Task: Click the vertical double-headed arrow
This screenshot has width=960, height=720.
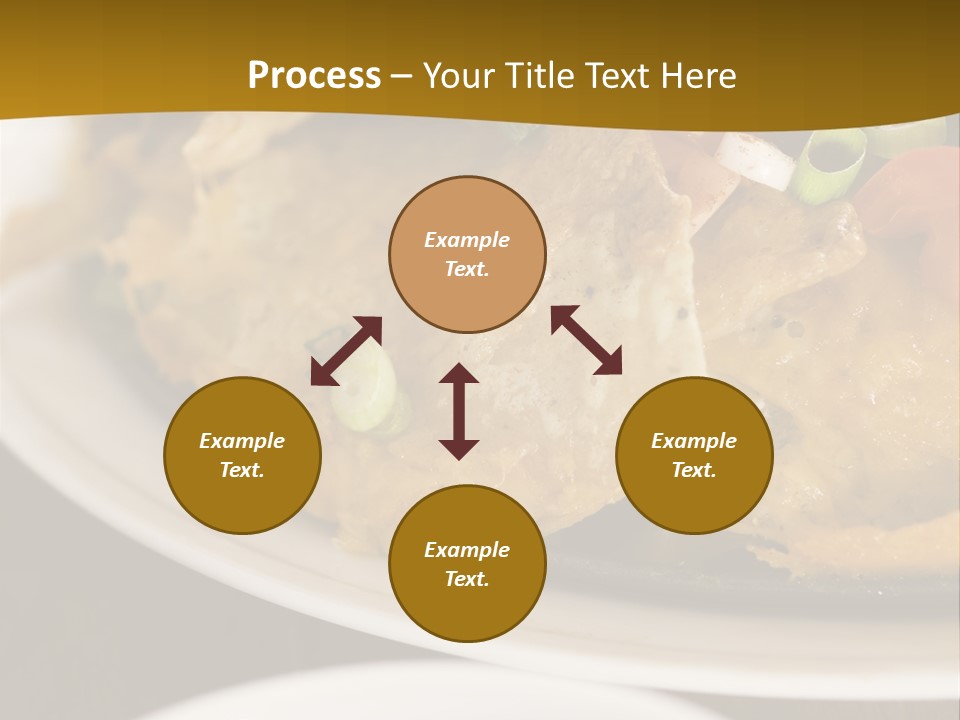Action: [x=459, y=411]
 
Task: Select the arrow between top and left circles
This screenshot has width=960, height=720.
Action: [x=346, y=351]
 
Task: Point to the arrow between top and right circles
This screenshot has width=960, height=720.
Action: [x=586, y=340]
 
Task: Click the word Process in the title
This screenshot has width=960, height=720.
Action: [x=314, y=76]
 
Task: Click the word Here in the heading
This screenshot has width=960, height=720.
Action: [x=698, y=76]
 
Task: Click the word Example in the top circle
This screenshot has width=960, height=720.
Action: [x=467, y=240]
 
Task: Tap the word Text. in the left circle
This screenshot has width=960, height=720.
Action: [x=242, y=470]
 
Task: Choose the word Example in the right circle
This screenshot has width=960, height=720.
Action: [x=694, y=441]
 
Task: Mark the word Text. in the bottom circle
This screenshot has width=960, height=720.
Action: [x=467, y=579]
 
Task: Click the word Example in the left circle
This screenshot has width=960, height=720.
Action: [x=242, y=441]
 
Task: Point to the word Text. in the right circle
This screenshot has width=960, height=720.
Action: [x=694, y=470]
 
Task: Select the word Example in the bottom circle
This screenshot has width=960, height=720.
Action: [x=467, y=550]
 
